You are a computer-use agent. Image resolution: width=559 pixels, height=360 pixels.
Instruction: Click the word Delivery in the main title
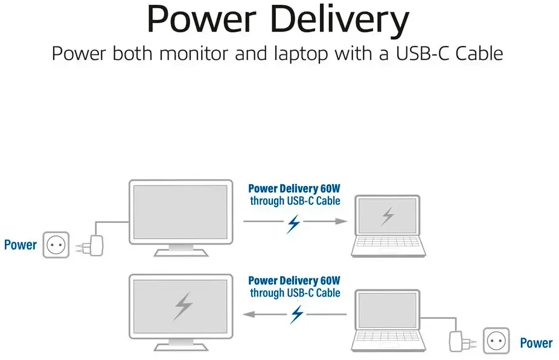click(340, 19)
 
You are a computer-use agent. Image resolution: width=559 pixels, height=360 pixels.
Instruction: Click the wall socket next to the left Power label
click(56, 245)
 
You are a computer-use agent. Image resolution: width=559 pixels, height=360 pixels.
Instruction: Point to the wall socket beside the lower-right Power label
click(496, 341)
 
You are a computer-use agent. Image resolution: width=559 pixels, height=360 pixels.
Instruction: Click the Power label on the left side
click(21, 245)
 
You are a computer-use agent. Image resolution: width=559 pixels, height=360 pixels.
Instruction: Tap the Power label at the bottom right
click(536, 343)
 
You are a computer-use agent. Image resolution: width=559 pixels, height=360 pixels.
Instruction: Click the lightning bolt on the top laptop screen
click(388, 216)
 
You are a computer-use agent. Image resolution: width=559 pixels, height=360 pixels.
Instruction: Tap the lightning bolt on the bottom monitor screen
click(184, 306)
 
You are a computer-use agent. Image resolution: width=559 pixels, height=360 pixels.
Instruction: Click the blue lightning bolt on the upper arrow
click(294, 223)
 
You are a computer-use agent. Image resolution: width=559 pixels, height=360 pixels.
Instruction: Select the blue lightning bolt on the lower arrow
click(297, 314)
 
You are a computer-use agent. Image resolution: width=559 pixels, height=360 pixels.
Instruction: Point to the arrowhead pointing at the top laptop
click(341, 222)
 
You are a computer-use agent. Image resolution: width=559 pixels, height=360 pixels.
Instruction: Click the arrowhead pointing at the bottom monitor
click(249, 314)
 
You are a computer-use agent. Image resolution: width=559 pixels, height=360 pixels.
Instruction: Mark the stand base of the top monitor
click(181, 252)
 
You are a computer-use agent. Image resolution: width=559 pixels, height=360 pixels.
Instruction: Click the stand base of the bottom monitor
click(181, 347)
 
